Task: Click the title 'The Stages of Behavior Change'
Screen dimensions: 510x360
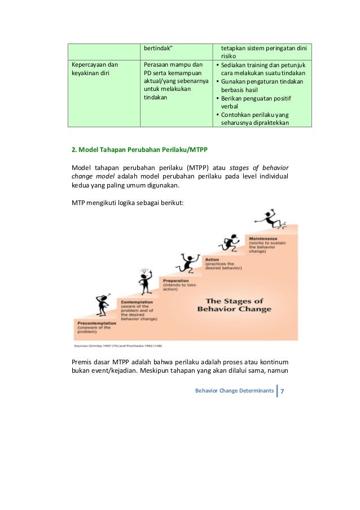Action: point(234,305)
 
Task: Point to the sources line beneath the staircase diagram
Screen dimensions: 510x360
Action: point(119,345)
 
